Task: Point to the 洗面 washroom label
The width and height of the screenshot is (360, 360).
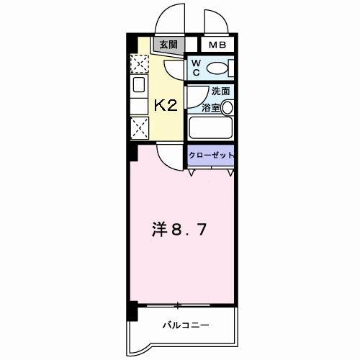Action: click(220, 91)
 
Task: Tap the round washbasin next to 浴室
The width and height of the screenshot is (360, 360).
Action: click(228, 107)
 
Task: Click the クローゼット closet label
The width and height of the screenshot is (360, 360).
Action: click(210, 155)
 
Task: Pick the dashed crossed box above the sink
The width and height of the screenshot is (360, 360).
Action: click(138, 64)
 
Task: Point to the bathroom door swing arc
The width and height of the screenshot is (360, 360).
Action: click(193, 97)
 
